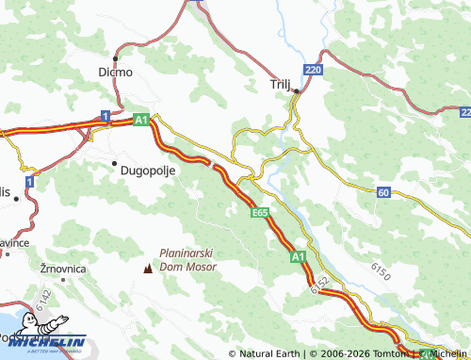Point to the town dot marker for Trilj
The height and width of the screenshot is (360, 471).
[296, 91]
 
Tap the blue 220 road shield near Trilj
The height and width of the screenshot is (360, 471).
[313, 71]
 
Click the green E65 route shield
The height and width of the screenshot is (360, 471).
[261, 215]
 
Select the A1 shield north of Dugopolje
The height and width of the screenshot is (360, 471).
[140, 121]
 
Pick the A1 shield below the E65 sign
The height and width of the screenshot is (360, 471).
[297, 256]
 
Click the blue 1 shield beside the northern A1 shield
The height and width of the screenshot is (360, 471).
[106, 116]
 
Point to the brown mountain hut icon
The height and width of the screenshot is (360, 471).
[147, 269]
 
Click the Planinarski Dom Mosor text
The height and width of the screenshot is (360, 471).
[187, 260]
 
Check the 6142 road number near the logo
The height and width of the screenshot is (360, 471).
[43, 299]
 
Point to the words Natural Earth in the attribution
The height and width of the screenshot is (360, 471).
[268, 353]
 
